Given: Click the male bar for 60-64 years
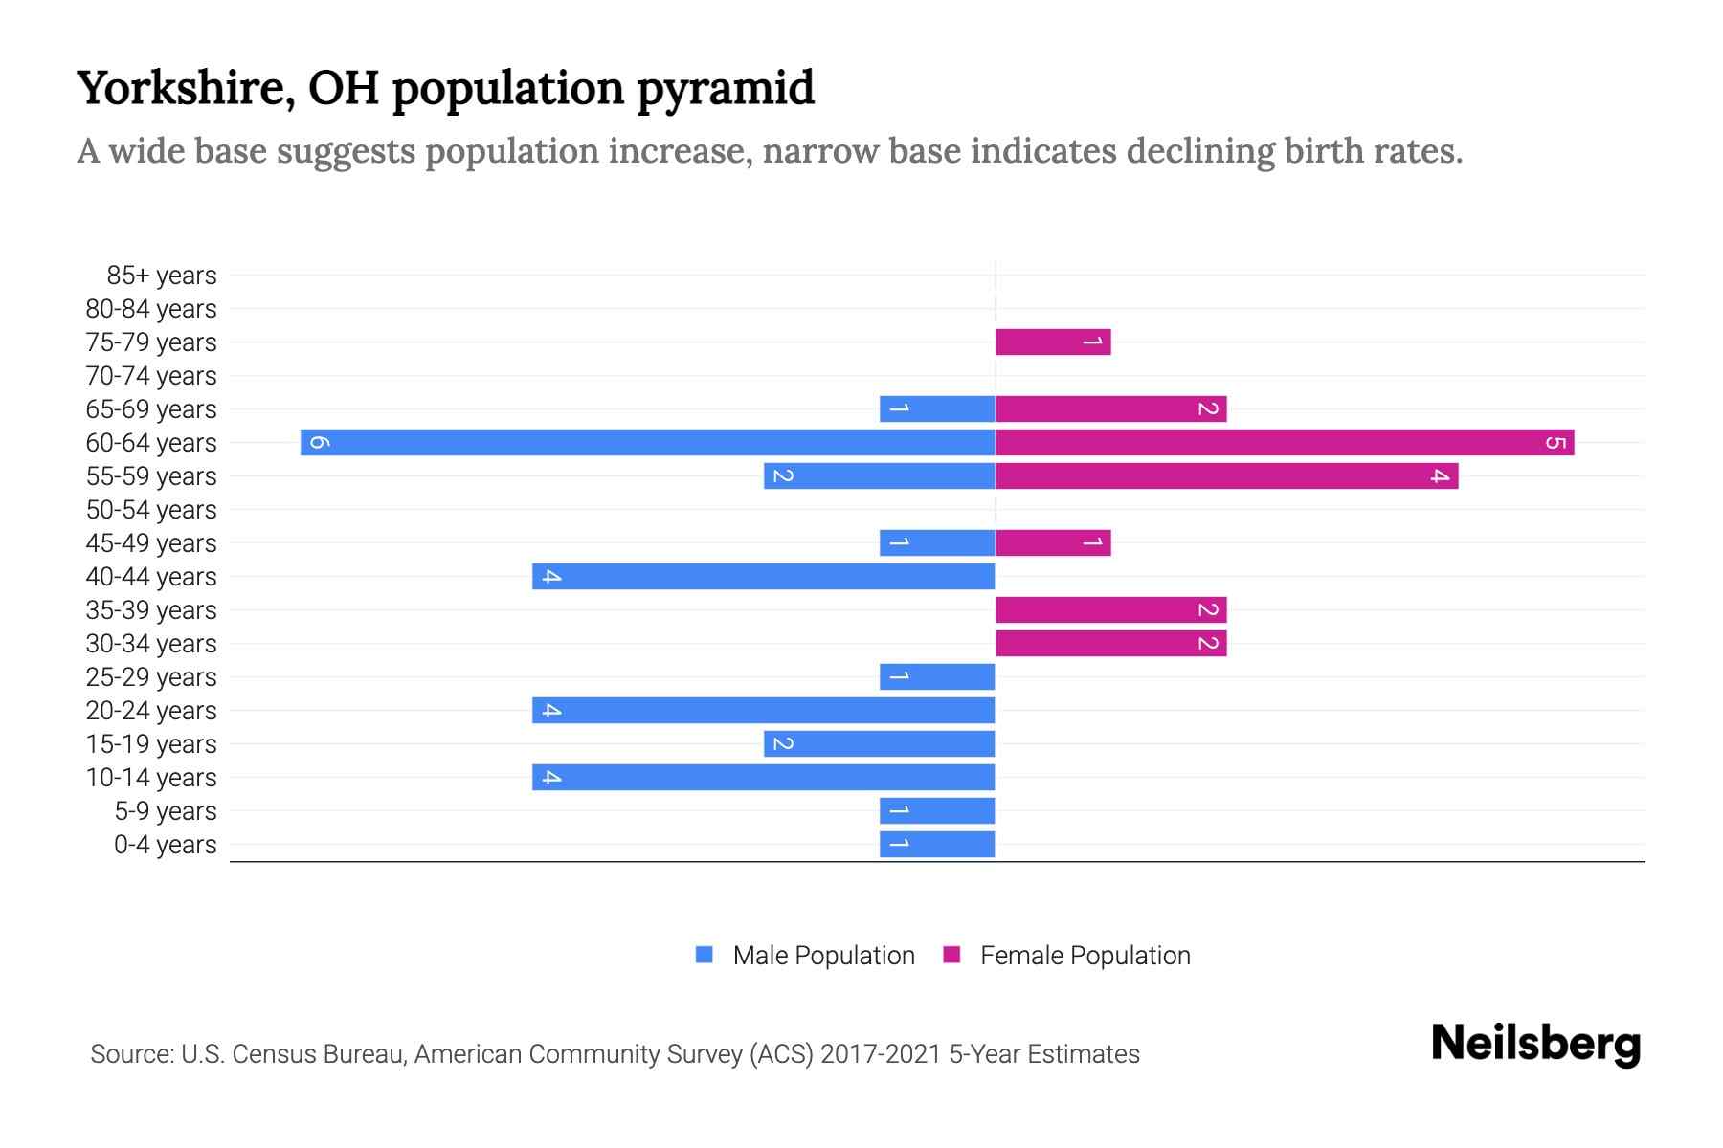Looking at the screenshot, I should coord(647,442).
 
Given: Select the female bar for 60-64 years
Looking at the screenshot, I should coord(1285,442).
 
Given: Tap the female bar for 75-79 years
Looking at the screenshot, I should coord(1053,342).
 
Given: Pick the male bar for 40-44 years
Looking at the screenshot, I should coord(764,576).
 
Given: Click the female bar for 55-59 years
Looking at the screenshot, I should coord(1226,475).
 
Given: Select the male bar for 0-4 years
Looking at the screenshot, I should coord(937,844).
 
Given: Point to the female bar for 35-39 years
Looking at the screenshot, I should coord(1110,609).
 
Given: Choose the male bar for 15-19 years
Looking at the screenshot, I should coord(879,743).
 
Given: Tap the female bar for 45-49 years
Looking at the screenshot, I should coord(1053,542).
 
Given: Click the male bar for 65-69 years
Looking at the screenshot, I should coord(937,408).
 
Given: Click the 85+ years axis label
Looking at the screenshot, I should coord(161,276).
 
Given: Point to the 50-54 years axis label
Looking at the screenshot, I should coord(151,510).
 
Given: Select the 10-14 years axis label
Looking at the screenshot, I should coord(151,778).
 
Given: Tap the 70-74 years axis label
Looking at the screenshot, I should coord(151,376).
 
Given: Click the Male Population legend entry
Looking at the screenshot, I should coord(822,955).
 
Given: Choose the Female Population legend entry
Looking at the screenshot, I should coord(1084,955).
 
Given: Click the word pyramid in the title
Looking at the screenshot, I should coord(726,88).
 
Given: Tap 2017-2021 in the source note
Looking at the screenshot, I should coord(880,1054).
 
